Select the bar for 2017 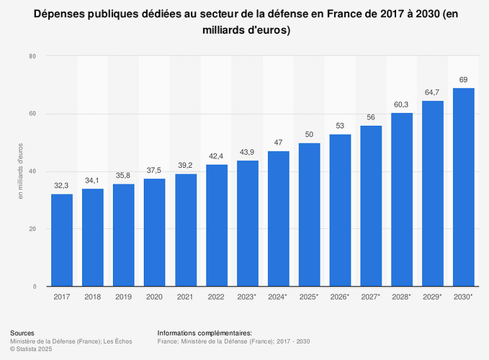coord(62,240)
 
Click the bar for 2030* coord(464,187)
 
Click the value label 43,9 coord(247,151)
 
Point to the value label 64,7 coord(432,91)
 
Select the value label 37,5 coord(154,170)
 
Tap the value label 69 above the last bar coord(464,79)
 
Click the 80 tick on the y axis coord(33,56)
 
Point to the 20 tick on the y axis coord(33,229)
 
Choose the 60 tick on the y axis coord(33,114)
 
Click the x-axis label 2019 coord(124,297)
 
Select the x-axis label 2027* coord(371,297)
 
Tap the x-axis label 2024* coord(278,297)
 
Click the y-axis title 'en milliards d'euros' coord(21,171)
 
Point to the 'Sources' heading coord(22,333)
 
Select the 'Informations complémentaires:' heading coord(205,333)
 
